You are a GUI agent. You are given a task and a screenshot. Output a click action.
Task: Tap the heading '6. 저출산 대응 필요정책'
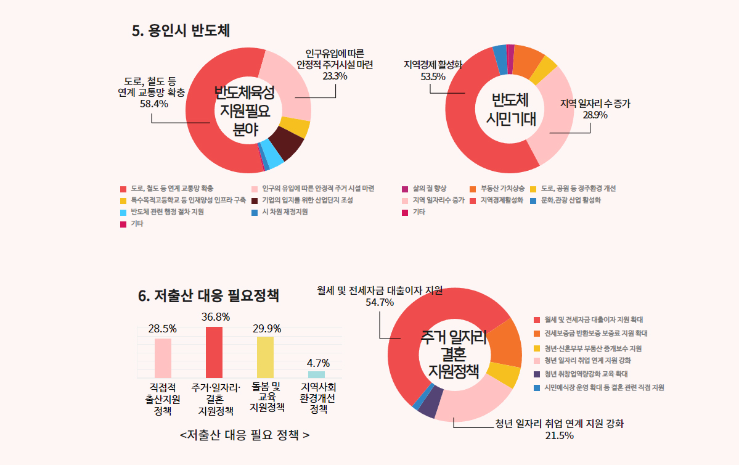(209, 296)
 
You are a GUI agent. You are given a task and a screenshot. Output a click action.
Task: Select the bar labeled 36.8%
(214, 352)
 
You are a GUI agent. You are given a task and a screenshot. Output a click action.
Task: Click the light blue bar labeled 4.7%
(316, 374)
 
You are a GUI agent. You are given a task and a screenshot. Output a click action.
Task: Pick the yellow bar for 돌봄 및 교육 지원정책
(265, 356)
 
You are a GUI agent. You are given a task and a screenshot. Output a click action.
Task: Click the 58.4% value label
(154, 104)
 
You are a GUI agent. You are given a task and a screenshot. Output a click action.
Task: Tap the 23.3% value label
(335, 76)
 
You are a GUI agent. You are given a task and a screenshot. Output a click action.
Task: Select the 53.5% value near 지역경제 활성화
(433, 76)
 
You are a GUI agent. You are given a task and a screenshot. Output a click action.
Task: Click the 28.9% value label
(595, 115)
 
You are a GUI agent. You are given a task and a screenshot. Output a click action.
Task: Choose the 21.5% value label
(559, 436)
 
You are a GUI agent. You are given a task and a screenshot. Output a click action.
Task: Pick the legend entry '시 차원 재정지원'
(284, 212)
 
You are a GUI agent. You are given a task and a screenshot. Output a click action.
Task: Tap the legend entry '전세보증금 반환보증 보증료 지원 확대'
(595, 333)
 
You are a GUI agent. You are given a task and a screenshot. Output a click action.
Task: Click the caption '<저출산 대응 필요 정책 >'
(245, 435)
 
